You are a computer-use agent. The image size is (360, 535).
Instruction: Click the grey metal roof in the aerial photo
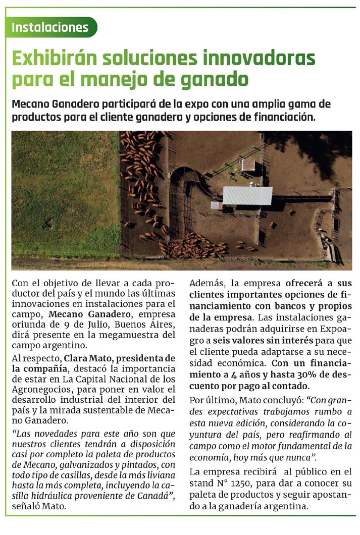(247, 195)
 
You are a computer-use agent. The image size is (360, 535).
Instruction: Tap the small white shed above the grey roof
(248, 165)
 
